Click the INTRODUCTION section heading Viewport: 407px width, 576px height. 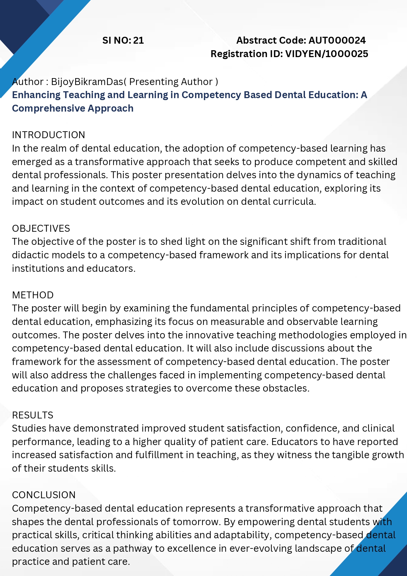coord(49,135)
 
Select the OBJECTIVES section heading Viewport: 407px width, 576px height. coord(41,228)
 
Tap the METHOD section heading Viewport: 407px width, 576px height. coord(33,295)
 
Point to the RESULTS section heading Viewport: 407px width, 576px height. coord(32,415)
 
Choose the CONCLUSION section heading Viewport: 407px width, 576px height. coord(44,495)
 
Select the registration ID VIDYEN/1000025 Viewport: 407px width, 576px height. coord(327,54)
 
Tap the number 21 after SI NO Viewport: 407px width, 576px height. coord(139,40)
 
